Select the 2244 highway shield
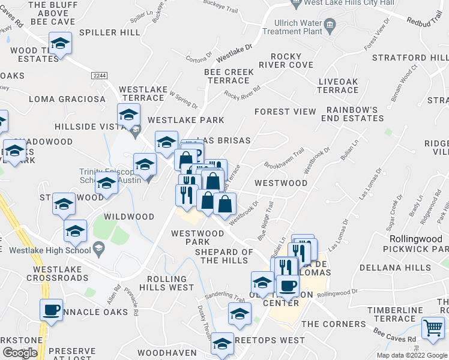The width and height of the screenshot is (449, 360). pyautogui.click(x=100, y=76)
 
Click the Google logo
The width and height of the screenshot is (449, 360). pyautogui.click(x=20, y=353)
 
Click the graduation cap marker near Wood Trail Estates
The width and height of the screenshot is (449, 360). pyautogui.click(x=59, y=43)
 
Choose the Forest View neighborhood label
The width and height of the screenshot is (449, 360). pyautogui.click(x=285, y=112)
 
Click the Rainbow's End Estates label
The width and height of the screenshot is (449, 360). pyautogui.click(x=352, y=115)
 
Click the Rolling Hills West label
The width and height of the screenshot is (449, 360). pyautogui.click(x=167, y=283)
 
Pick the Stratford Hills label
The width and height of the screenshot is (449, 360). pyautogui.click(x=410, y=58)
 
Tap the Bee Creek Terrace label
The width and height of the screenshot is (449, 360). pyautogui.click(x=229, y=76)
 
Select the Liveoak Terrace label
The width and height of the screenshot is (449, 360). pyautogui.click(x=338, y=86)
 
